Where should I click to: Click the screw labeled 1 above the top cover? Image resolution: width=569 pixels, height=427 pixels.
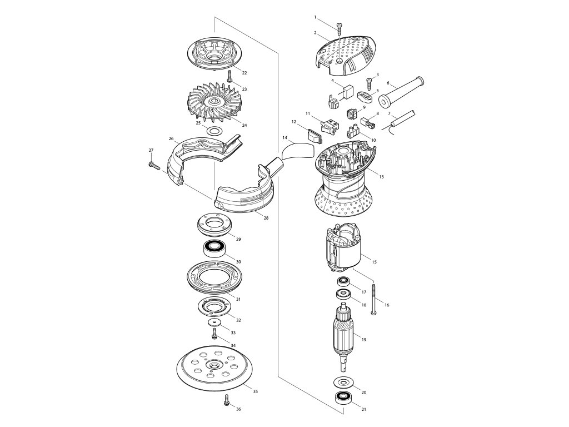tap(338, 28)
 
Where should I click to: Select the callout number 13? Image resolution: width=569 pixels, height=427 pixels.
tap(381, 177)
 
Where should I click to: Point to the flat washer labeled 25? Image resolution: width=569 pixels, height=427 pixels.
tap(213, 131)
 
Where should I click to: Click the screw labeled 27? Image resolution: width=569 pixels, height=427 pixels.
tap(153, 164)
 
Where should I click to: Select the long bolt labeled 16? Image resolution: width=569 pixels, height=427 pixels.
tap(376, 299)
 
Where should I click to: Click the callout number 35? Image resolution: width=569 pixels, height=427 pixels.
tap(255, 392)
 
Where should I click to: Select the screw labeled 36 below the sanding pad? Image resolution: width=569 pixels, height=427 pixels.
tap(227, 400)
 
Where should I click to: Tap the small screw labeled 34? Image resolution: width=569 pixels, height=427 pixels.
tap(215, 334)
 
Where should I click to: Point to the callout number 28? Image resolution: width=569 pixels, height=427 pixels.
tap(266, 218)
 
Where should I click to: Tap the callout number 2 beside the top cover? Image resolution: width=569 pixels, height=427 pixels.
tap(315, 33)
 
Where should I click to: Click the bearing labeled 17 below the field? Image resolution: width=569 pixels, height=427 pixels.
tap(343, 281)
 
